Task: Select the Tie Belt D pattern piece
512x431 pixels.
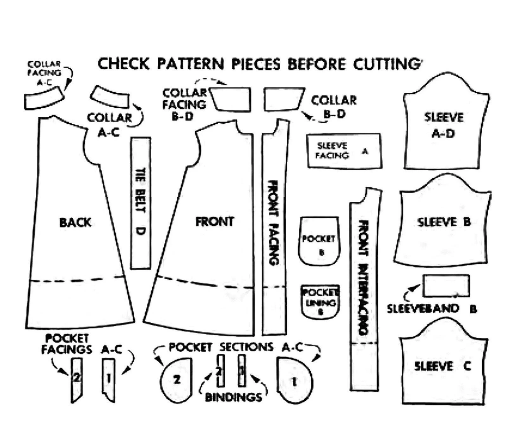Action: click(141, 202)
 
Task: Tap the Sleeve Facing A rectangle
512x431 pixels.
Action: click(344, 151)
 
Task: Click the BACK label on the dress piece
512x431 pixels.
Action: click(75, 223)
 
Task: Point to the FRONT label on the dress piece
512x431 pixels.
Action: click(215, 222)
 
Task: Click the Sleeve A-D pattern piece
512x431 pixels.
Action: click(445, 128)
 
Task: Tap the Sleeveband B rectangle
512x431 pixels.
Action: click(446, 286)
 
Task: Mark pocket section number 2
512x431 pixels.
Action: click(176, 380)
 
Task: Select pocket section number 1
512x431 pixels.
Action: click(294, 381)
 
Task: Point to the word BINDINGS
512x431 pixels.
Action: click(234, 397)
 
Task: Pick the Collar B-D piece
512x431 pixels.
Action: click(283, 99)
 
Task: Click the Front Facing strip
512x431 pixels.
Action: click(274, 230)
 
